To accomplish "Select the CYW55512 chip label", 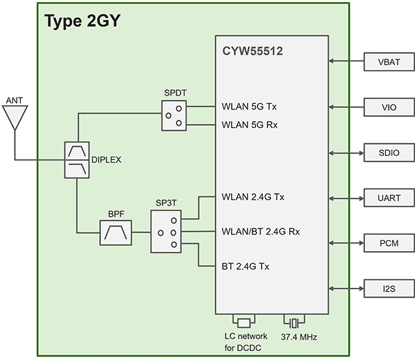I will (252, 51).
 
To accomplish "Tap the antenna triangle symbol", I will (13, 118).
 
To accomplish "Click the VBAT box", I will (387, 62).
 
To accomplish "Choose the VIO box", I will (387, 107).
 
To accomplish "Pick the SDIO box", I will (387, 152).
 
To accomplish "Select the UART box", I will (387, 198).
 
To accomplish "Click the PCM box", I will (387, 243).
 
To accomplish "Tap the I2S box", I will (387, 288).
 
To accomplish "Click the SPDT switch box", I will (174, 115).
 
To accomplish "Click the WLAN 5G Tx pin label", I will (250, 107).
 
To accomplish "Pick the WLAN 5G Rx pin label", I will (250, 125).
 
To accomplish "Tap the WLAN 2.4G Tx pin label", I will (253, 197).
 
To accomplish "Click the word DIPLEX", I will (106, 160).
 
